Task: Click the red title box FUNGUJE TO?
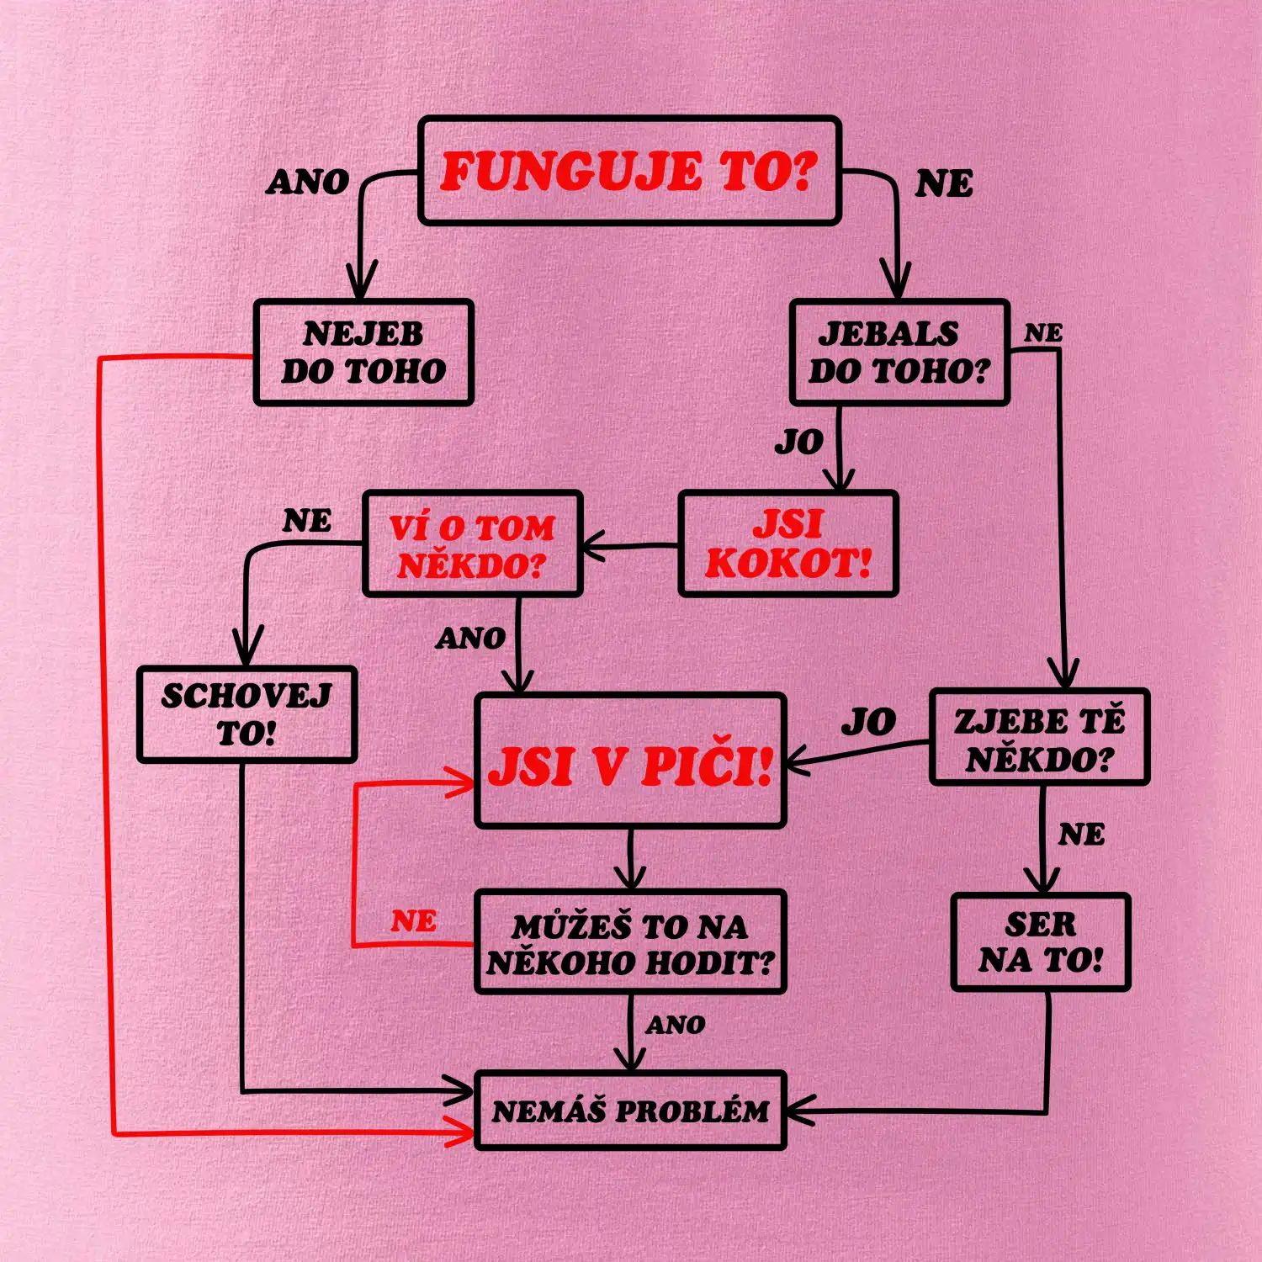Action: pos(629,171)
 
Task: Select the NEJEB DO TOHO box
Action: pos(363,353)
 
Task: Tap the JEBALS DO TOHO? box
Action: pos(899,353)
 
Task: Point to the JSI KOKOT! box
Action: pos(788,544)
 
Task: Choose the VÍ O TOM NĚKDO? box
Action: pos(473,544)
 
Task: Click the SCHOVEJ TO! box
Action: pos(247,715)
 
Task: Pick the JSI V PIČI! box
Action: pos(630,761)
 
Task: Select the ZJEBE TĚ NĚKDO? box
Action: pos(1039,737)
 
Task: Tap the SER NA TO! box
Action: pos(1041,942)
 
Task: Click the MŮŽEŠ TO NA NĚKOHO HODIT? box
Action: pos(630,942)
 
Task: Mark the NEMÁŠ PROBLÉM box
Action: pos(630,1111)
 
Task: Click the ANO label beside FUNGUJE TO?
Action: pos(308,182)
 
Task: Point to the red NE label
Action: pos(413,921)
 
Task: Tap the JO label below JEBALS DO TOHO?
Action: pos(799,442)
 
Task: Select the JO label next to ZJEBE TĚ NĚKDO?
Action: pos(869,722)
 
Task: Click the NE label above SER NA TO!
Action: pos(1081,835)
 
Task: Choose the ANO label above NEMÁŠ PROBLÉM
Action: pos(676,1025)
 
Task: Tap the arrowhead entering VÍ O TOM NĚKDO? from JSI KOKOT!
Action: pos(594,547)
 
